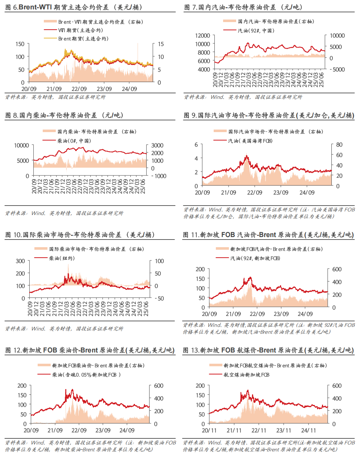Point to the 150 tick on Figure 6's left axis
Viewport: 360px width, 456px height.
[20, 44]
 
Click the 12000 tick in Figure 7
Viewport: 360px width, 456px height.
[202, 35]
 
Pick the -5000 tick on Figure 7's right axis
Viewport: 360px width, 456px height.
[337, 69]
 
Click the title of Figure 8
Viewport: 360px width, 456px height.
[64, 115]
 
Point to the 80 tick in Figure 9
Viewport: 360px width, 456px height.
[339, 145]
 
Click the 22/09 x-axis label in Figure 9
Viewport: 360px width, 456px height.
[255, 193]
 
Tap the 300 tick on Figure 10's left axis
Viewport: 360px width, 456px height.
[20, 261]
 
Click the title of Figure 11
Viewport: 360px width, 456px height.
[268, 235]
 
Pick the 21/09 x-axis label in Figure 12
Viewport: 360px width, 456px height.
[55, 430]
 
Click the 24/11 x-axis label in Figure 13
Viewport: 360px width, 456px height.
[308, 430]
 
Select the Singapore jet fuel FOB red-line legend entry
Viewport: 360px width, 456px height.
[246, 375]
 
